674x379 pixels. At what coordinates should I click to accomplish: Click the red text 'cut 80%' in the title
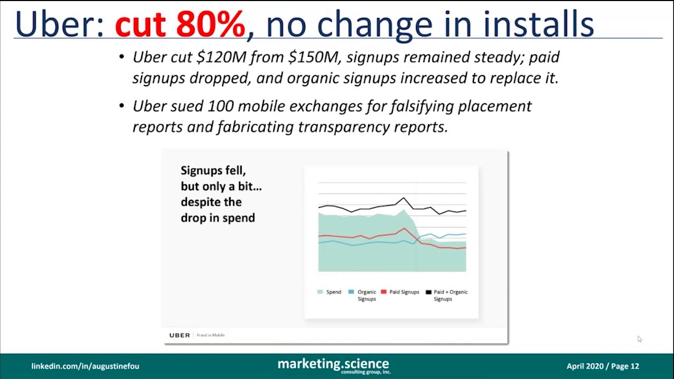click(180, 24)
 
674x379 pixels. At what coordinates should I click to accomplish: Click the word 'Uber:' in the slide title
click(60, 24)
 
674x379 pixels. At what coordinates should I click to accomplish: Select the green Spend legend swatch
click(320, 292)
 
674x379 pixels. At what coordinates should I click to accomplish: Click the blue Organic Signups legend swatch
click(351, 292)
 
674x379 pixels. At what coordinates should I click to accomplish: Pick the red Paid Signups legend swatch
click(383, 292)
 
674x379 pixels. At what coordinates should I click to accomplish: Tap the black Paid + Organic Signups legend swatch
click(429, 292)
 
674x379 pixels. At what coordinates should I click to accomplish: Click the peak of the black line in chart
click(404, 198)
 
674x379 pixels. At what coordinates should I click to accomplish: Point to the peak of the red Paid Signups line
click(404, 228)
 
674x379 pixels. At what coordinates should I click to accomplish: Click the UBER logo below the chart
click(180, 335)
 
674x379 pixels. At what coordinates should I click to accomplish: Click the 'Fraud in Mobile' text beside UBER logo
click(211, 335)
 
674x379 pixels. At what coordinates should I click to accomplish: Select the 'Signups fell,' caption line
click(213, 171)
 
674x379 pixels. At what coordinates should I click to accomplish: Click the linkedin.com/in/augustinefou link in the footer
click(85, 366)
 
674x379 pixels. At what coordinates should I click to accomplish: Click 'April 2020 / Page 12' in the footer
click(602, 366)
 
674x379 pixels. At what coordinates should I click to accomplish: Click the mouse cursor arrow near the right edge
click(639, 340)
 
